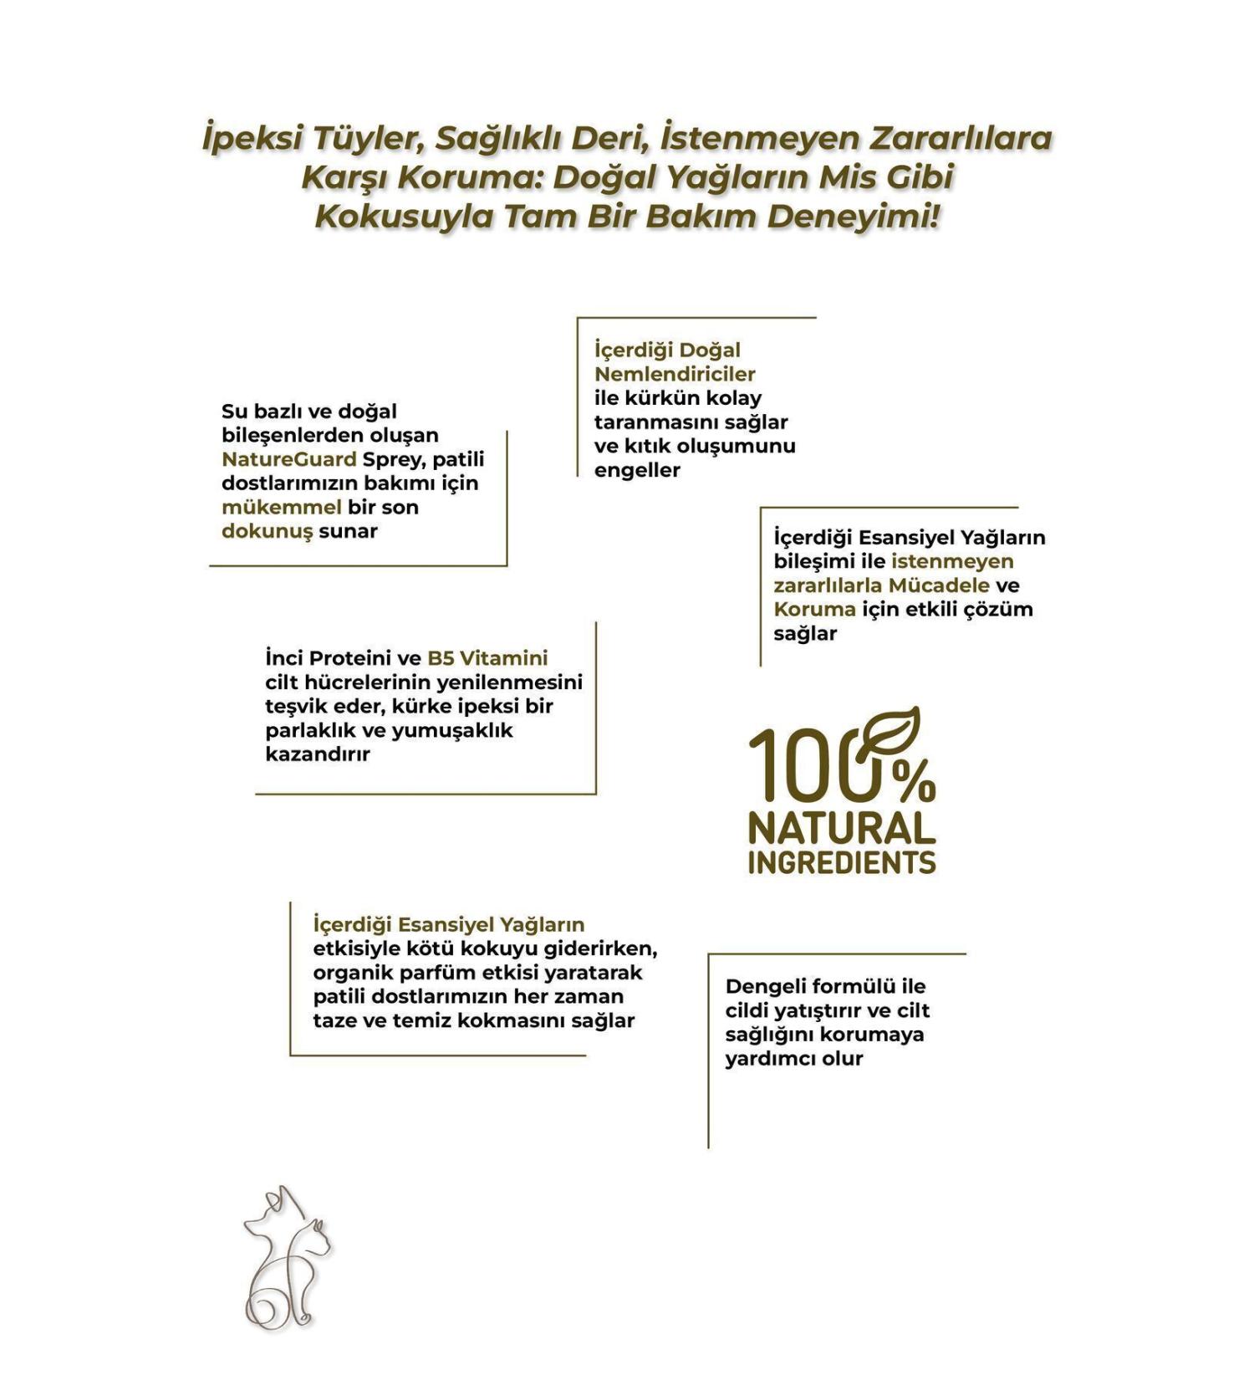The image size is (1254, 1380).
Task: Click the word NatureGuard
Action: (288, 459)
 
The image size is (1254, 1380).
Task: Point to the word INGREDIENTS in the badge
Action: (841, 863)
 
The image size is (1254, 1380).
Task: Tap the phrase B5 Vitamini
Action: (487, 658)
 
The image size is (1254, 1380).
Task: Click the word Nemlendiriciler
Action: (675, 374)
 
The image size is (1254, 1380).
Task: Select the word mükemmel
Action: (281, 508)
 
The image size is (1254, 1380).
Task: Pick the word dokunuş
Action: (267, 531)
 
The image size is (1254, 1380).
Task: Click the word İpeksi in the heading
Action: (252, 138)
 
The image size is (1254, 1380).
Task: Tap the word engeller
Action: (637, 470)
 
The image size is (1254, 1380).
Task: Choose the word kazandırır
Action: (318, 754)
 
